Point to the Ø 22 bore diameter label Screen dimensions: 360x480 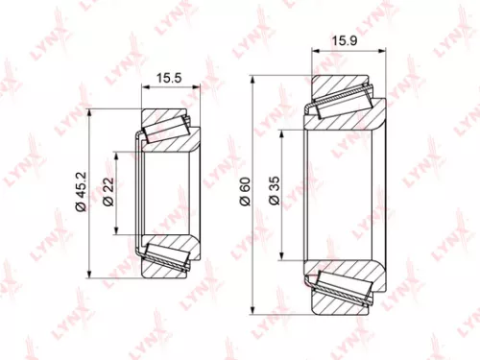tap(108, 191)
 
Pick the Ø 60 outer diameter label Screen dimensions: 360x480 tap(246, 195)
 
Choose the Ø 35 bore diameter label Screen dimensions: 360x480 tap(273, 196)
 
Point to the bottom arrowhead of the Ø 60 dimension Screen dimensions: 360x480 tap(254, 313)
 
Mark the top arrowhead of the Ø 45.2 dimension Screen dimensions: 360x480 tap(88, 113)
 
